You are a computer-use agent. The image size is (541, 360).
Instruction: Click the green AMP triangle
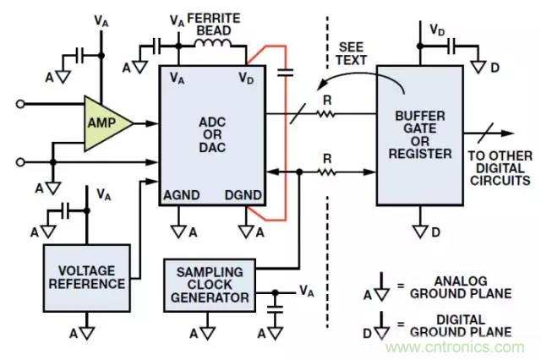point(106,122)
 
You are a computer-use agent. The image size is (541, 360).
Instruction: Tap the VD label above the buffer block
point(437,30)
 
